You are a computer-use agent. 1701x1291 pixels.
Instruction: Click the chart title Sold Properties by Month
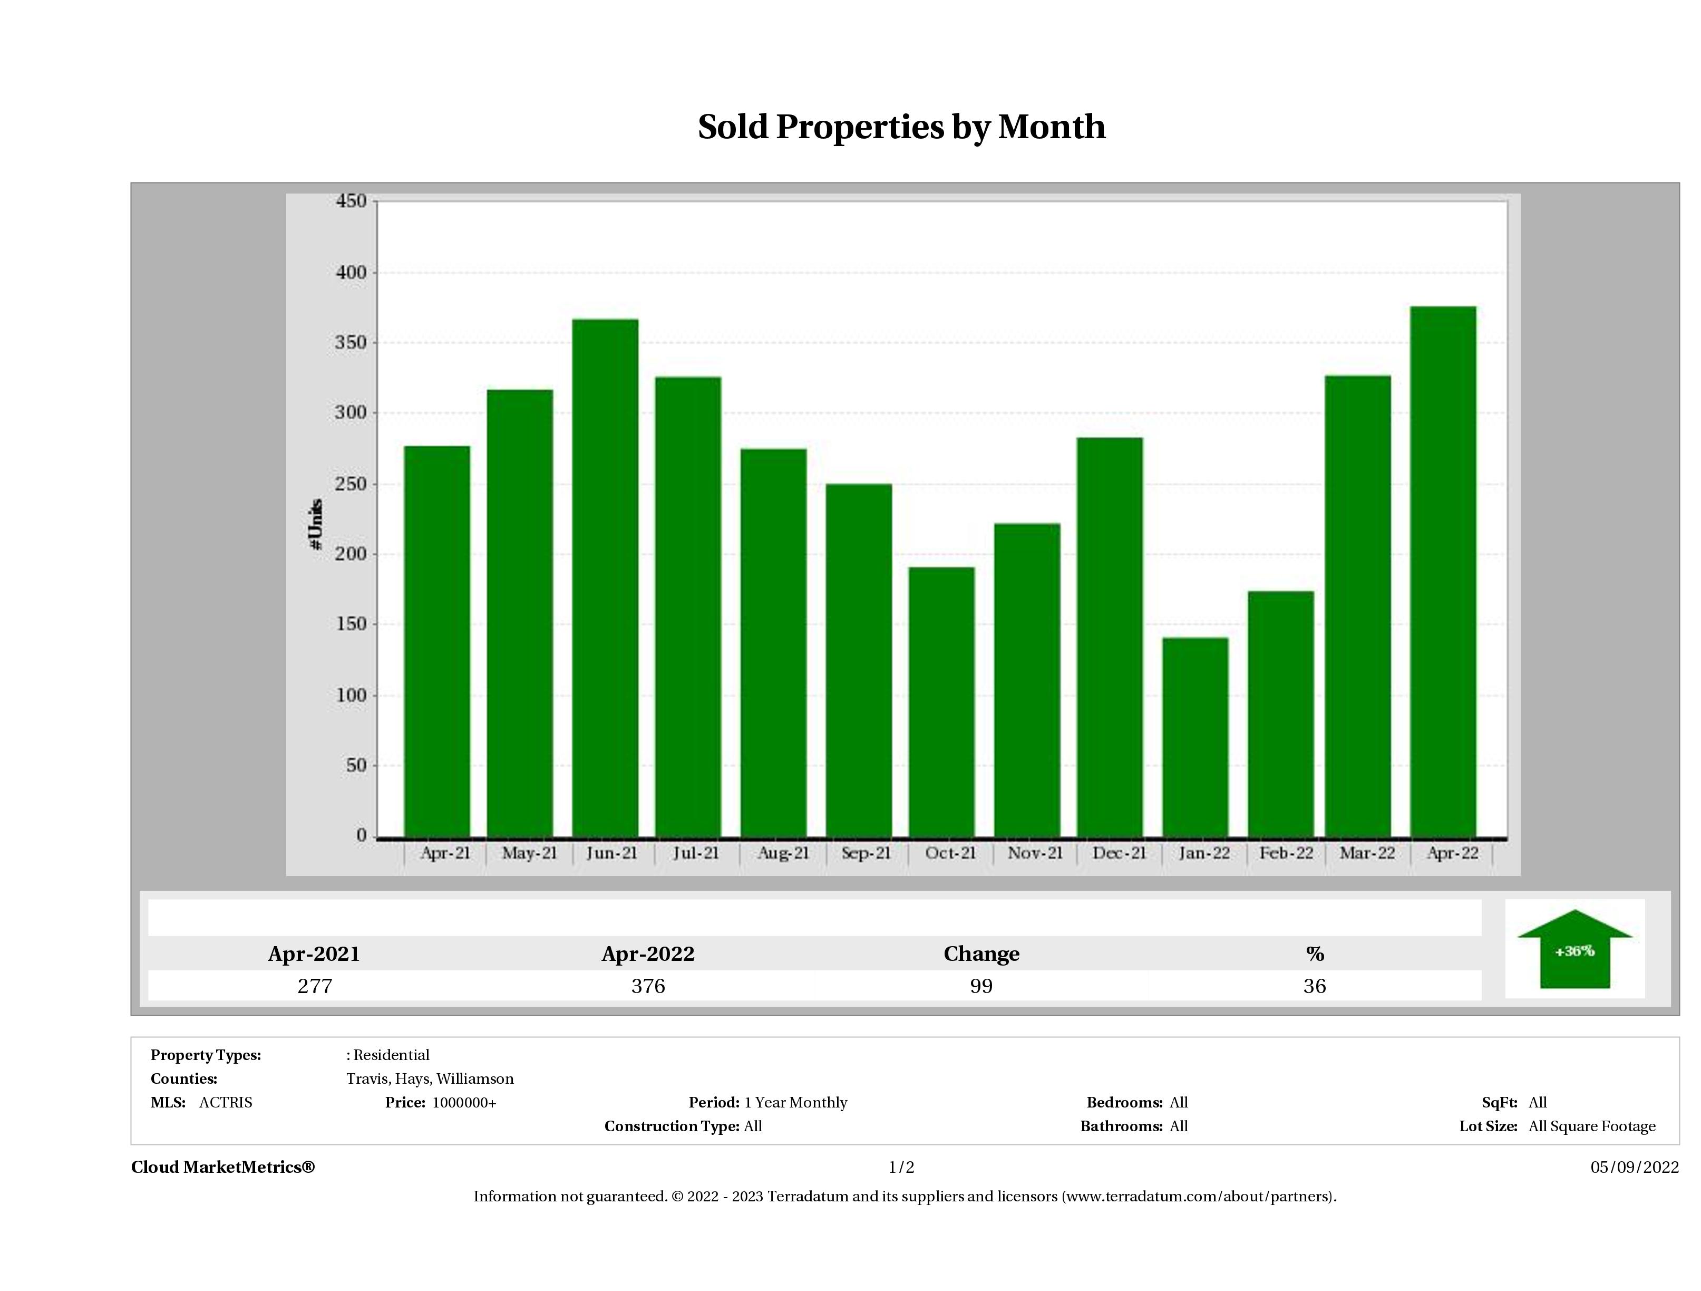(x=901, y=128)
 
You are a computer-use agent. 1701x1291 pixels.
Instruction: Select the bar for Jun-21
(x=605, y=577)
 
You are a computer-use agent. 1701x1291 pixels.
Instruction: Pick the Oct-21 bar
(x=941, y=701)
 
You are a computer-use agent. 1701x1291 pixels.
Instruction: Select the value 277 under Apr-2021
(x=315, y=986)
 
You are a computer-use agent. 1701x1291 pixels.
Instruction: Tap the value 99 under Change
(x=981, y=986)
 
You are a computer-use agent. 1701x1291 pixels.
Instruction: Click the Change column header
(x=981, y=954)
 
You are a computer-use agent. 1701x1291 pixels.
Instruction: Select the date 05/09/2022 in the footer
(x=1634, y=1167)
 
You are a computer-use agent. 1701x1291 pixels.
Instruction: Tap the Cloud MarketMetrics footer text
(x=223, y=1167)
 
